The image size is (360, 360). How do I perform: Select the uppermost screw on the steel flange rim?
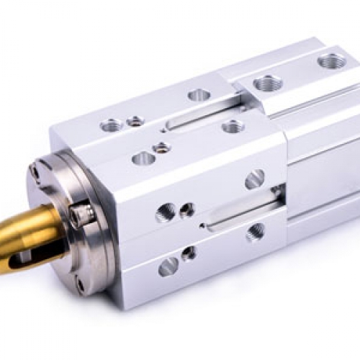tap(35, 171)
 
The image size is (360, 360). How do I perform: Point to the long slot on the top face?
tap(199, 116)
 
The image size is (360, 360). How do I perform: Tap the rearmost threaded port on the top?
tap(330, 61)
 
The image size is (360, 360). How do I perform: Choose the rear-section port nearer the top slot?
tap(267, 84)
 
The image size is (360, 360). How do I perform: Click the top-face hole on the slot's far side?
tap(199, 94)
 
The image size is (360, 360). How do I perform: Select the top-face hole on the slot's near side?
tap(232, 127)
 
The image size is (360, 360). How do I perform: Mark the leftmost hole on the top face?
tap(112, 125)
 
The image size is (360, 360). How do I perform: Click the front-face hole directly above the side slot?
tap(253, 179)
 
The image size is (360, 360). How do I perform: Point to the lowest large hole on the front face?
tap(168, 267)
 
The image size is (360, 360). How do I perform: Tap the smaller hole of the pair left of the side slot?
tap(186, 210)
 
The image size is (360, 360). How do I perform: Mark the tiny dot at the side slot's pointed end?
tap(204, 225)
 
